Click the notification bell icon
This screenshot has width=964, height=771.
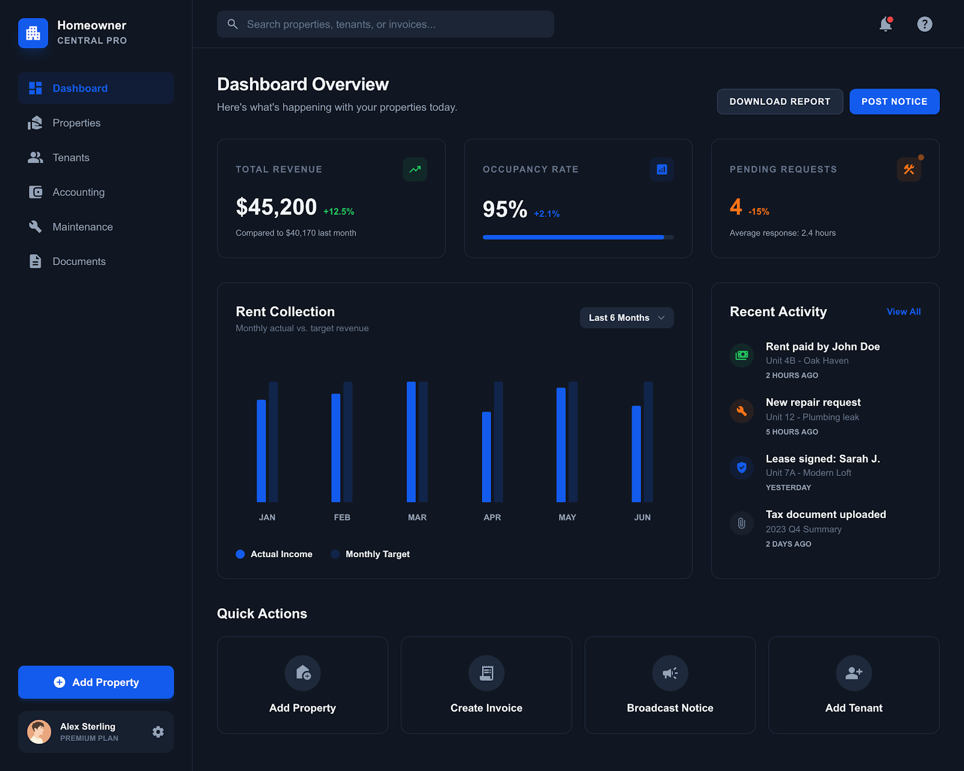[x=885, y=24]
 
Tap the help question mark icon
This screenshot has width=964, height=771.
[x=924, y=24]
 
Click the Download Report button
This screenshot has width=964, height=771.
[x=780, y=102]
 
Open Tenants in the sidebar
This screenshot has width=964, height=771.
[x=70, y=158]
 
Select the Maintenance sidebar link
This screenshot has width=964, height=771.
[x=82, y=227]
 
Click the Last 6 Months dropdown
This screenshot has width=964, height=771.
[x=627, y=318]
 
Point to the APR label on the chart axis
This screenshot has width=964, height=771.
[x=492, y=517]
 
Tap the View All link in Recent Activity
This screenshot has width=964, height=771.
[x=903, y=312]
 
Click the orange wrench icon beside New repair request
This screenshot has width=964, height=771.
[x=742, y=411]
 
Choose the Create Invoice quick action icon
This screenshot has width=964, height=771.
[x=486, y=673]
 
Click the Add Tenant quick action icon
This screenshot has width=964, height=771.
[x=854, y=673]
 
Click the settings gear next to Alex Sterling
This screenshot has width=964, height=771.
[x=158, y=732]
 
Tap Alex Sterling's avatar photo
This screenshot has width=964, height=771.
[x=39, y=732]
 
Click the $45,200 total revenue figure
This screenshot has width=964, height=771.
[x=276, y=207]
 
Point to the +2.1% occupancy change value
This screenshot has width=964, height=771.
[x=546, y=214]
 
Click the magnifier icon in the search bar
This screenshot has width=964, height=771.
[x=233, y=24]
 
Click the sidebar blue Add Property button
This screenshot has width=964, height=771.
[x=96, y=682]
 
